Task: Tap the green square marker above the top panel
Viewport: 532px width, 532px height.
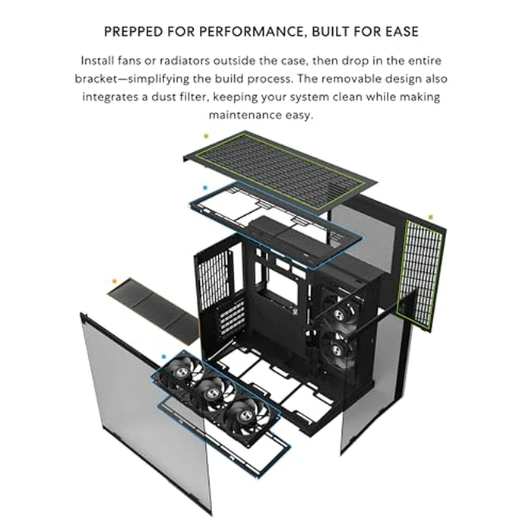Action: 206,135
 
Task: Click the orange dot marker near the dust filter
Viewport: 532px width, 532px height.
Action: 114,280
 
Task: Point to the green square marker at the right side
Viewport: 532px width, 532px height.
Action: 430,217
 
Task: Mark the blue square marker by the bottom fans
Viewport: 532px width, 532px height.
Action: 163,355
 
